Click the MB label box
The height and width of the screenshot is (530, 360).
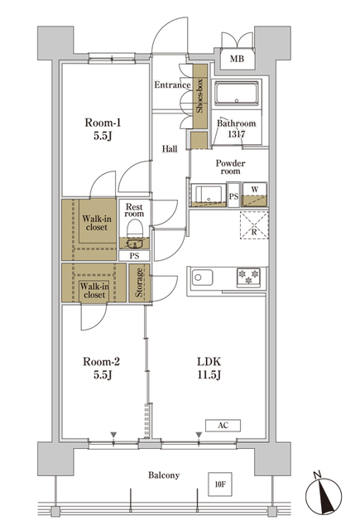pyautogui.click(x=237, y=59)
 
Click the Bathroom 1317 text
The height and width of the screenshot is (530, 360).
pyautogui.click(x=236, y=130)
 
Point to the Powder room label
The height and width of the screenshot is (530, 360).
pyautogui.click(x=230, y=167)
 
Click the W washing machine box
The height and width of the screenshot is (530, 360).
pyautogui.click(x=254, y=191)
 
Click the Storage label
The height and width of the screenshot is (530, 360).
pyautogui.click(x=141, y=283)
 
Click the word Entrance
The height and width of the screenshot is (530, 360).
pyautogui.click(x=172, y=85)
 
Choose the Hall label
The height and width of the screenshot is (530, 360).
pyautogui.click(x=170, y=149)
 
